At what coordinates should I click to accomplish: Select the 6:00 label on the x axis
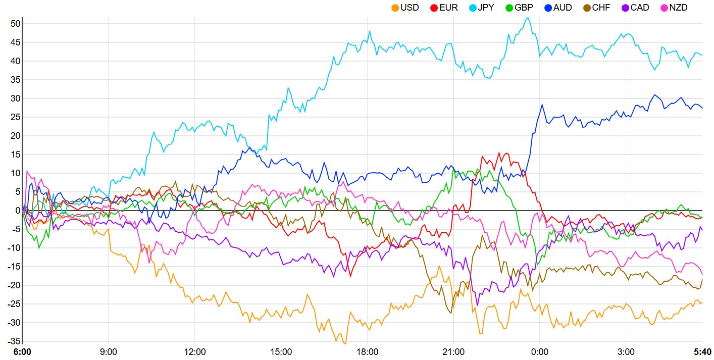tap(22, 351)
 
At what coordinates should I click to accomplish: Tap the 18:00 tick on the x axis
tap(367, 351)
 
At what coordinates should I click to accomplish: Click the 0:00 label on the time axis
tap(540, 351)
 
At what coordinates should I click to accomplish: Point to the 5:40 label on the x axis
tap(702, 351)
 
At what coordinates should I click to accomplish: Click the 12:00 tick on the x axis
tap(195, 351)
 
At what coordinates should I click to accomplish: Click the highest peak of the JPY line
tap(528, 18)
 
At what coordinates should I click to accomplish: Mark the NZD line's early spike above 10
tap(27, 171)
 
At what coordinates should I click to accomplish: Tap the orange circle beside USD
tap(395, 8)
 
